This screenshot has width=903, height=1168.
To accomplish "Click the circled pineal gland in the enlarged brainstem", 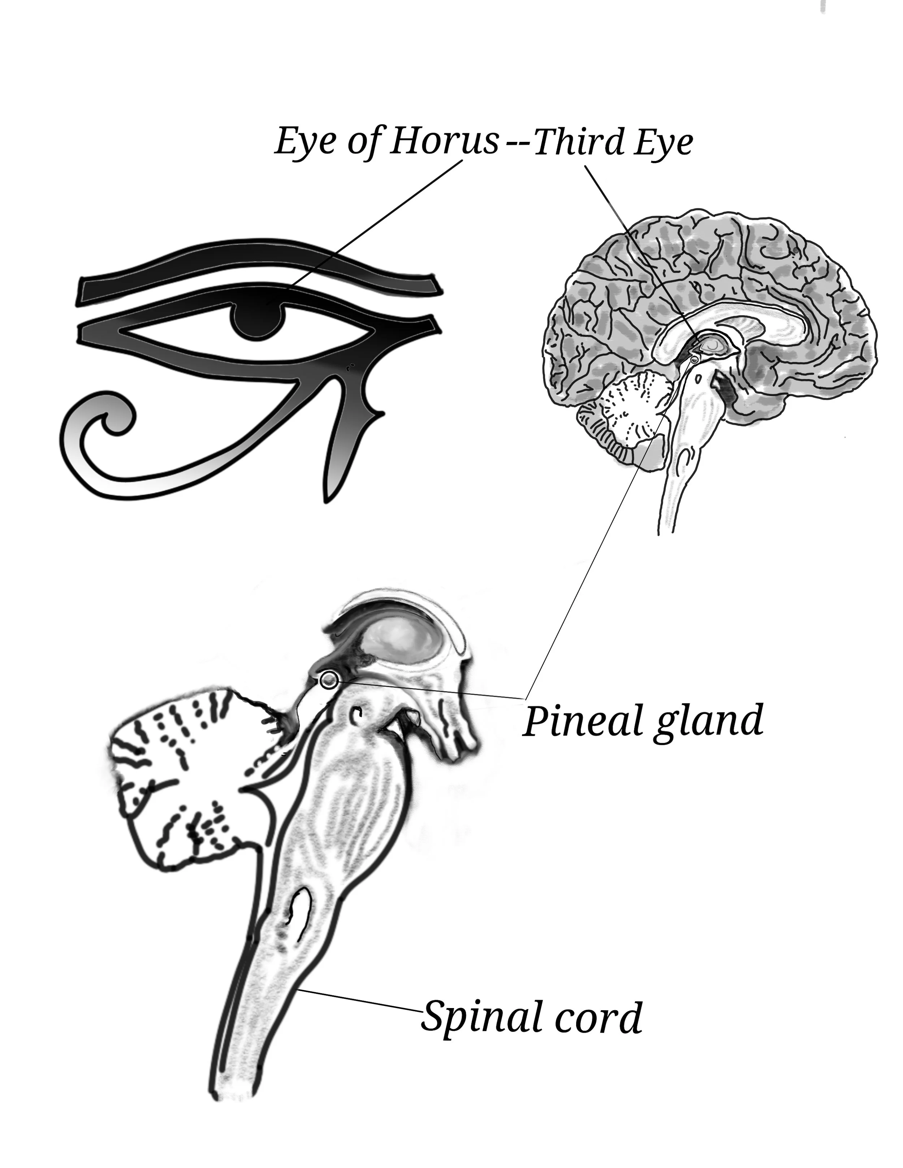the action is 328,679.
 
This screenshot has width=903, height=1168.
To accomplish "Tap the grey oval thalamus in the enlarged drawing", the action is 401,642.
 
